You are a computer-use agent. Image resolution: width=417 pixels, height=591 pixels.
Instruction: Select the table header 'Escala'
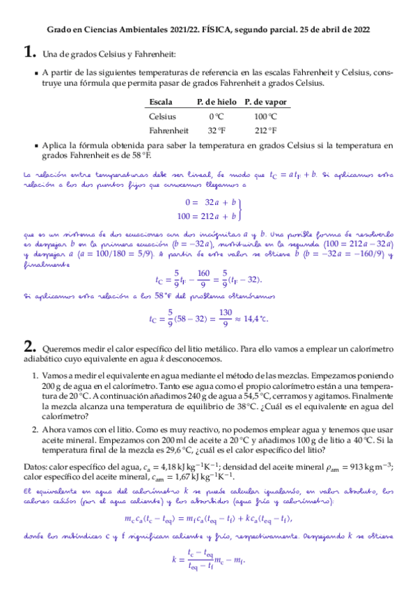(x=161, y=102)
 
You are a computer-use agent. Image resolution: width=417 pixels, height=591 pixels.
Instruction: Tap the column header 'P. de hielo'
(x=217, y=102)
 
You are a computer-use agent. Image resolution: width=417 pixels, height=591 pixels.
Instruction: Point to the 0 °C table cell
(x=217, y=116)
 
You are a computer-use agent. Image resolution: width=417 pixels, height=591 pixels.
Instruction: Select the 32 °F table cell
(x=217, y=130)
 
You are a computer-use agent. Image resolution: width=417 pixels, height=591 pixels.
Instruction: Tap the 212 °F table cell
(x=265, y=130)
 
